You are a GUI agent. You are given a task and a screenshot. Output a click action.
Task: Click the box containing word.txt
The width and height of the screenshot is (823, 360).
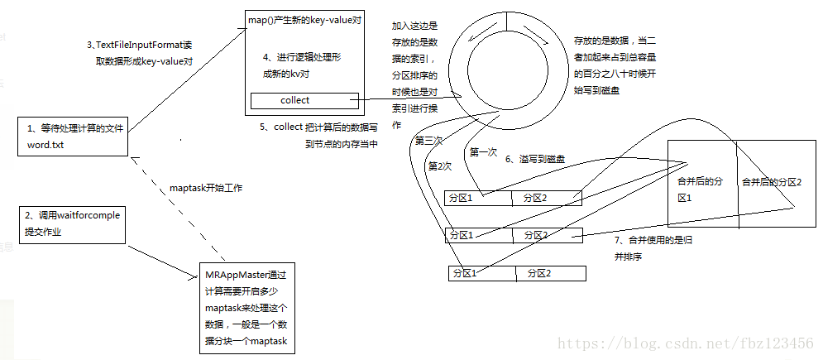pos(72,136)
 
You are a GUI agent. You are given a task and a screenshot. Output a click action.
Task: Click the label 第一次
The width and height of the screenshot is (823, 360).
pos(484,152)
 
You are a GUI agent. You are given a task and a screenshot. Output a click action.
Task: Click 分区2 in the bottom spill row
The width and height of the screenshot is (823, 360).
pos(534,273)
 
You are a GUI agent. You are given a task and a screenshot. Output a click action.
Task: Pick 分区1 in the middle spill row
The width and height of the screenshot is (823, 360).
pos(460,236)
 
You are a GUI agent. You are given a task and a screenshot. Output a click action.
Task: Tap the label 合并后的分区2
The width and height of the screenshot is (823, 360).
pos(771,182)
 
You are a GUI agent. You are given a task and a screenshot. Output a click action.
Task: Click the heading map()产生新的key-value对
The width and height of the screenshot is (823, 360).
pos(304,20)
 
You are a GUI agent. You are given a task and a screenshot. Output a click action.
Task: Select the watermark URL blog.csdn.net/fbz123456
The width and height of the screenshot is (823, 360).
pos(685,343)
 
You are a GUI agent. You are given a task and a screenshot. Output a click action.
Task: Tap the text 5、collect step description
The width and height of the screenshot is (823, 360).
pos(319,135)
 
